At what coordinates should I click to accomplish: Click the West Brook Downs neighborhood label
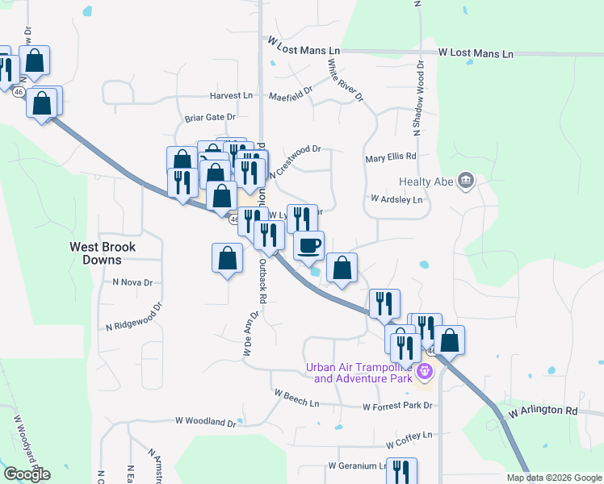pos(102,253)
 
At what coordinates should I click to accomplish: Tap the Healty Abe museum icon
pos(465,181)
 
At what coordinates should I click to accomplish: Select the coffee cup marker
pos(308,246)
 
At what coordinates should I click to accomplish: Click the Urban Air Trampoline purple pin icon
pos(426,373)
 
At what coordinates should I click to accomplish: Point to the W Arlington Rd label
pos(543,411)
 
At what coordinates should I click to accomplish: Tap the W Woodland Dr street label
pos(205,422)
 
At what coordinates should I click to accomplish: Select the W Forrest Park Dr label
pos(398,407)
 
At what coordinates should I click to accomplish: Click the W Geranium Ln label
pos(358,466)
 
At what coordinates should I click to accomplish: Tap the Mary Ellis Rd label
pos(390,157)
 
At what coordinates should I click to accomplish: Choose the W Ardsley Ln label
pos(396,198)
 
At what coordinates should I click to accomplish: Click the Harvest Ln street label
pos(231,95)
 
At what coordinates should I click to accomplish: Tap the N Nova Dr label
pos(132,282)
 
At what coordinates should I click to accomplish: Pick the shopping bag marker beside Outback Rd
pos(227,258)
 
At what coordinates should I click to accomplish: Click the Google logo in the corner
pos(27,474)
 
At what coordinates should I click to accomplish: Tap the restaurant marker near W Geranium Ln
pos(401,471)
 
